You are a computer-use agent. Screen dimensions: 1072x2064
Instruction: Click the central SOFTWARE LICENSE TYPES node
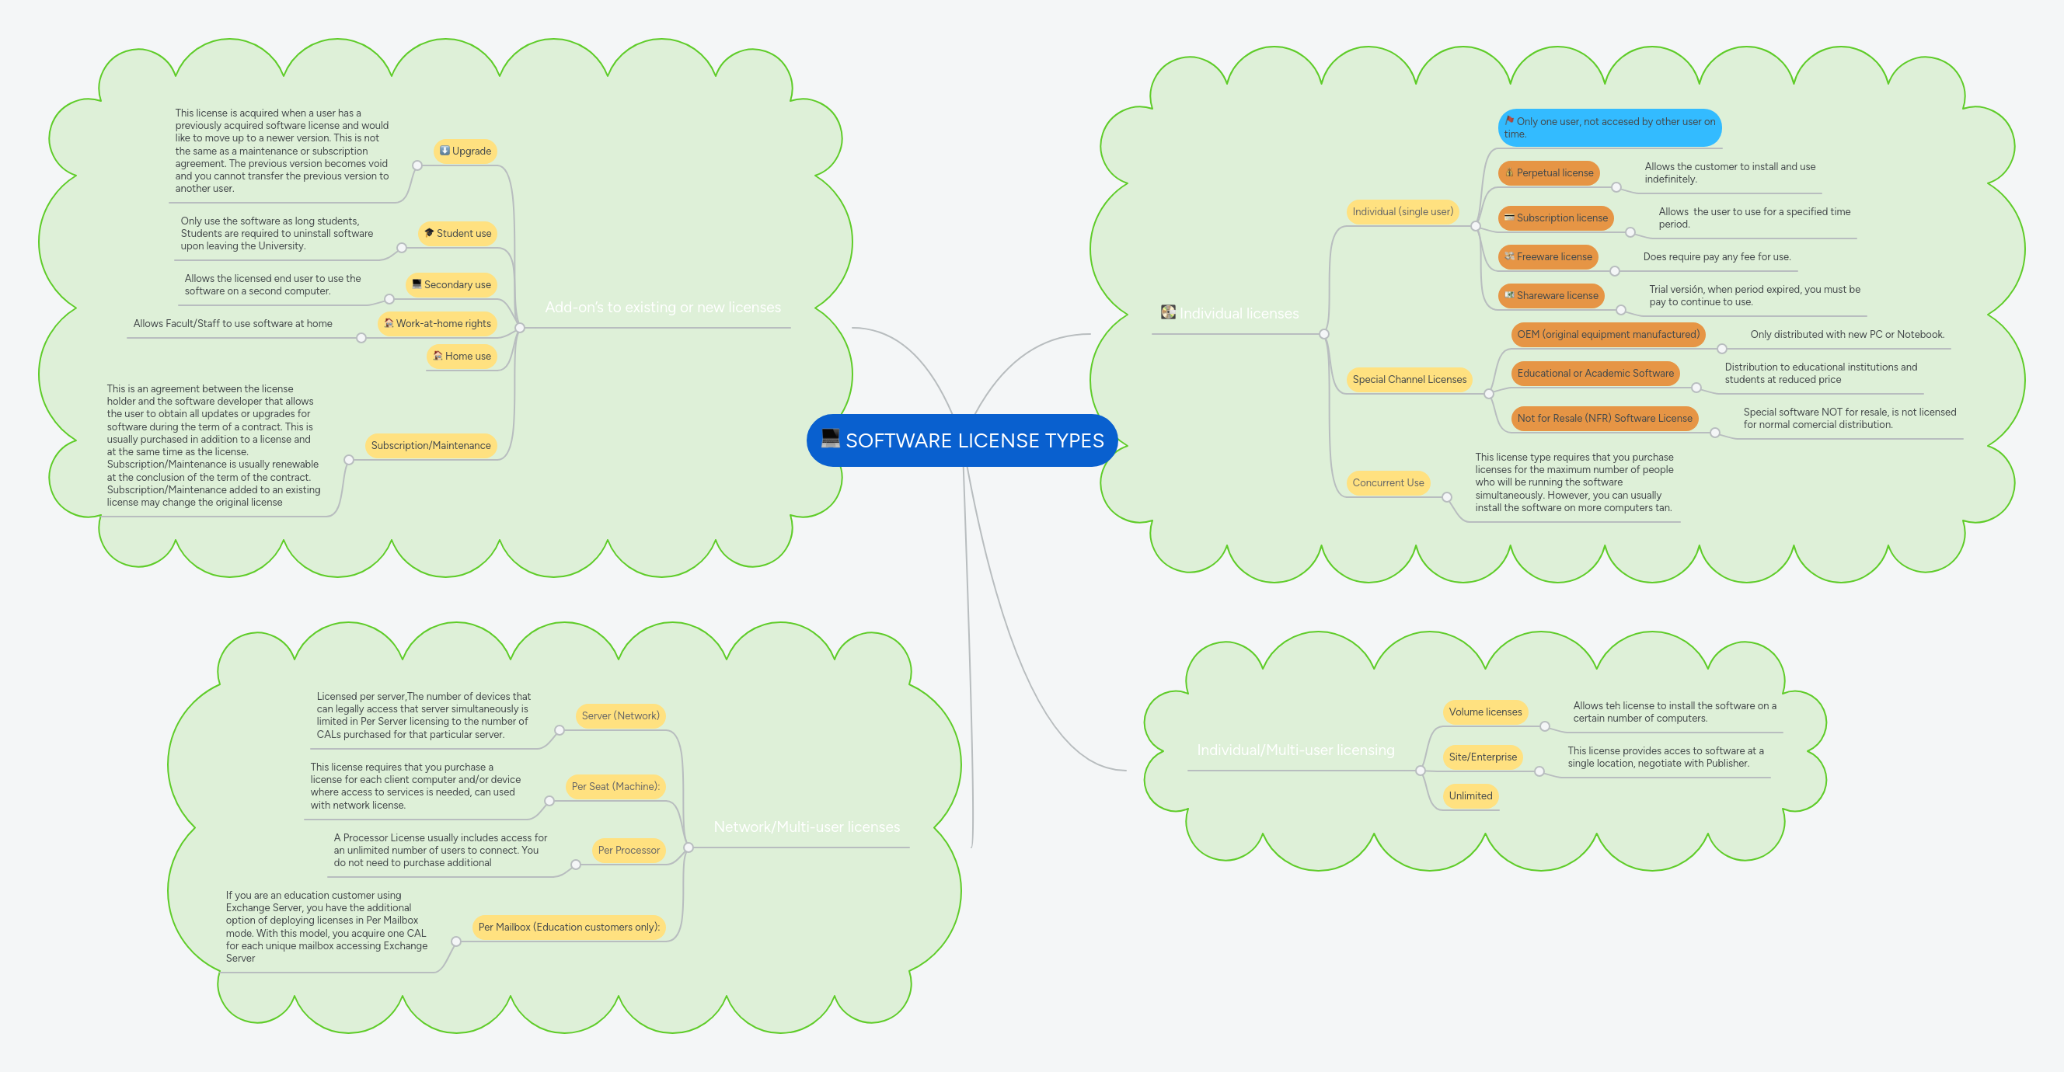coord(974,440)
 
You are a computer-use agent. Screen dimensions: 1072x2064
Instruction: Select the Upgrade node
coord(465,151)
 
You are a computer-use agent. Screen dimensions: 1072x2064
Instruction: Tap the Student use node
coord(458,233)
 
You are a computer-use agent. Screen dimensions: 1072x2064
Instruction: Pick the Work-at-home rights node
coord(438,324)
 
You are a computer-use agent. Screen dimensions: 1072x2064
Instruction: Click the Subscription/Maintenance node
coord(431,445)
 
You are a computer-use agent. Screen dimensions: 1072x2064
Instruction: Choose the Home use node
coord(462,356)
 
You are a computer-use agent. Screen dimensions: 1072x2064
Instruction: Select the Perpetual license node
coord(1548,173)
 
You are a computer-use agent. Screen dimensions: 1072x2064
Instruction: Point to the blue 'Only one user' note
coord(1609,127)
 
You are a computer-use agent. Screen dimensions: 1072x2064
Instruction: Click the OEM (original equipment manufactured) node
coord(1607,334)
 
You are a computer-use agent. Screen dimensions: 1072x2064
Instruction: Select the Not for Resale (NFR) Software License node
coord(1604,418)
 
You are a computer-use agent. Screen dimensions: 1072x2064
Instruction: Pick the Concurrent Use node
coord(1388,482)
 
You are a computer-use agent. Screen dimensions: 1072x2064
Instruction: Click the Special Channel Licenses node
coord(1409,379)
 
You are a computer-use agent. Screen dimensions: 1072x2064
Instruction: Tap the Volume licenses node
coord(1485,712)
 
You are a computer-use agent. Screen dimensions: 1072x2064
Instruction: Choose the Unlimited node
coord(1470,795)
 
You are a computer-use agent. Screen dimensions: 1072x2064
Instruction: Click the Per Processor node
coord(628,850)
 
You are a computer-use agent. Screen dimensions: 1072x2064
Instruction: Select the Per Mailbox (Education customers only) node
coord(569,927)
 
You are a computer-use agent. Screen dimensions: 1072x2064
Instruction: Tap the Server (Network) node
coord(620,715)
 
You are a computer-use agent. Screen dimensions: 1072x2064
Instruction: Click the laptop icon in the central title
coord(831,439)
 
